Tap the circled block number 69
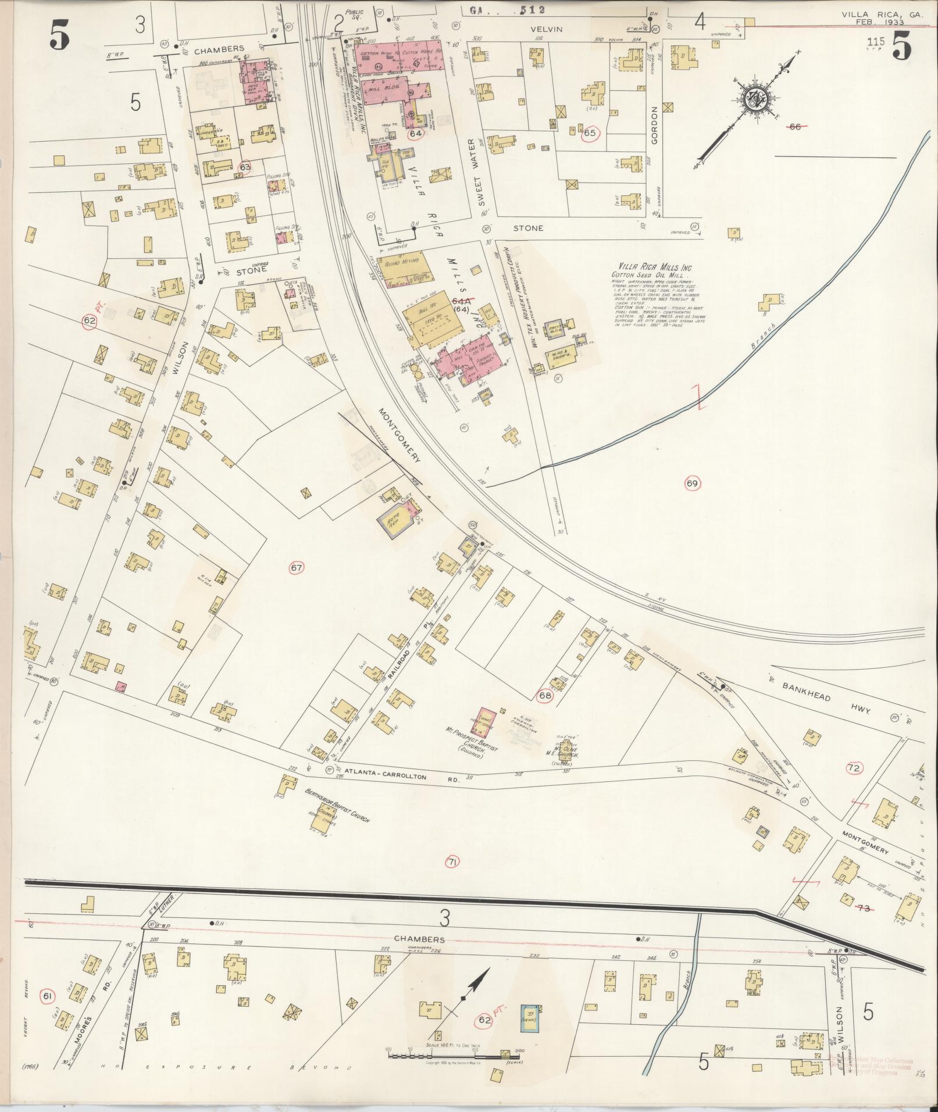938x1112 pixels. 691,483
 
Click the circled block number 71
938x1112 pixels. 451,862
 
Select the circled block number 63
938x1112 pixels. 245,166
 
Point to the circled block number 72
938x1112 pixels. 854,768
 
